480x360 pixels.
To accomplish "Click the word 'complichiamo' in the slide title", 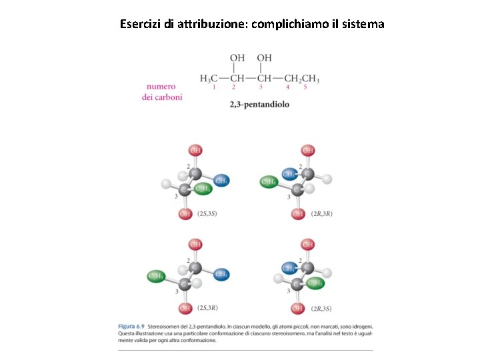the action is click(285, 24).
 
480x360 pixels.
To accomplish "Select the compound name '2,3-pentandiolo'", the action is click(259, 105).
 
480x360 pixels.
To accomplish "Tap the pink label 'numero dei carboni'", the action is click(161, 91).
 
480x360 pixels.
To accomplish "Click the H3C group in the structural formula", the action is click(209, 79).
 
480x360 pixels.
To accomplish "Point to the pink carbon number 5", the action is click(305, 87).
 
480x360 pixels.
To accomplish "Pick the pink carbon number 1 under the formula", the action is click(213, 87).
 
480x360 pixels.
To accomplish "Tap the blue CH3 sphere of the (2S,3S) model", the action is click(221, 180).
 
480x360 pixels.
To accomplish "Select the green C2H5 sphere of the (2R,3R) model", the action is click(269, 181).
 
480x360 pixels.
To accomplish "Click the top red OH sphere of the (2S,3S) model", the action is click(195, 151).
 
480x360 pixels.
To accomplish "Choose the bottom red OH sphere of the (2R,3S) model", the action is click(297, 308).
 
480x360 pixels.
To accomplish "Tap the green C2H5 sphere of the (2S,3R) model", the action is click(156, 275).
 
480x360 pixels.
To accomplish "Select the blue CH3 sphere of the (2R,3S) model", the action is click(288, 268).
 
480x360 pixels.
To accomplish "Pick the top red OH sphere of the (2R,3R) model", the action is click(307, 151).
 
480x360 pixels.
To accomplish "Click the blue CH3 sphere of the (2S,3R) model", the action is click(221, 274).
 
